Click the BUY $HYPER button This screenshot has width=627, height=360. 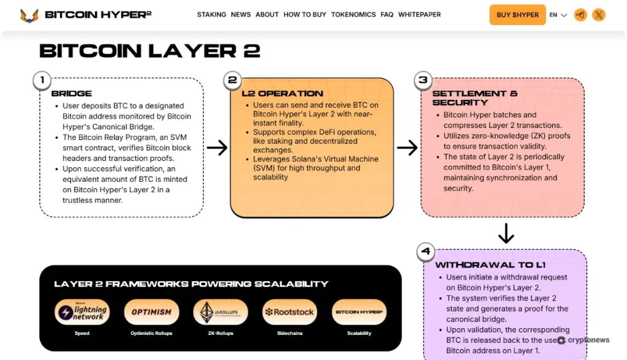[x=517, y=15]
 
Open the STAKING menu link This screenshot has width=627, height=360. [x=211, y=15]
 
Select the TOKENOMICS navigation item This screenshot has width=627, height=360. [x=353, y=15]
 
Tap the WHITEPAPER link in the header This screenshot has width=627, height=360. [x=419, y=15]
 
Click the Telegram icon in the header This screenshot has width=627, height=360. [x=580, y=15]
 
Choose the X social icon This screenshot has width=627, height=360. [x=599, y=15]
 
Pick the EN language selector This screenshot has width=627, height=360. [x=558, y=15]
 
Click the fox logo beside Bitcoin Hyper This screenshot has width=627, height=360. [x=29, y=15]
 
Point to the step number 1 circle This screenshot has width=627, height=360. [x=42, y=80]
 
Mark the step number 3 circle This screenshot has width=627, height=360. [x=422, y=80]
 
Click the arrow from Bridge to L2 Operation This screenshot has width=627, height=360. [x=217, y=148]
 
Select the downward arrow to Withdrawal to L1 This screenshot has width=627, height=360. [x=506, y=233]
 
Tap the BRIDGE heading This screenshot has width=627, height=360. [x=72, y=94]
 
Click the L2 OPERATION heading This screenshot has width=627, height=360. [x=282, y=94]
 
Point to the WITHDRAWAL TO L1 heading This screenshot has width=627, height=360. [x=490, y=265]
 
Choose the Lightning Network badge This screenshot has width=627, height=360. [x=82, y=312]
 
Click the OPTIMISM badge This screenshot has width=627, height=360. [x=151, y=312]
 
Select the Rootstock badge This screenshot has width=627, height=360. [x=290, y=312]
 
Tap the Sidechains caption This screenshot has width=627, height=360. [x=290, y=334]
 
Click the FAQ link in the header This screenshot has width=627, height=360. [x=387, y=15]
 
